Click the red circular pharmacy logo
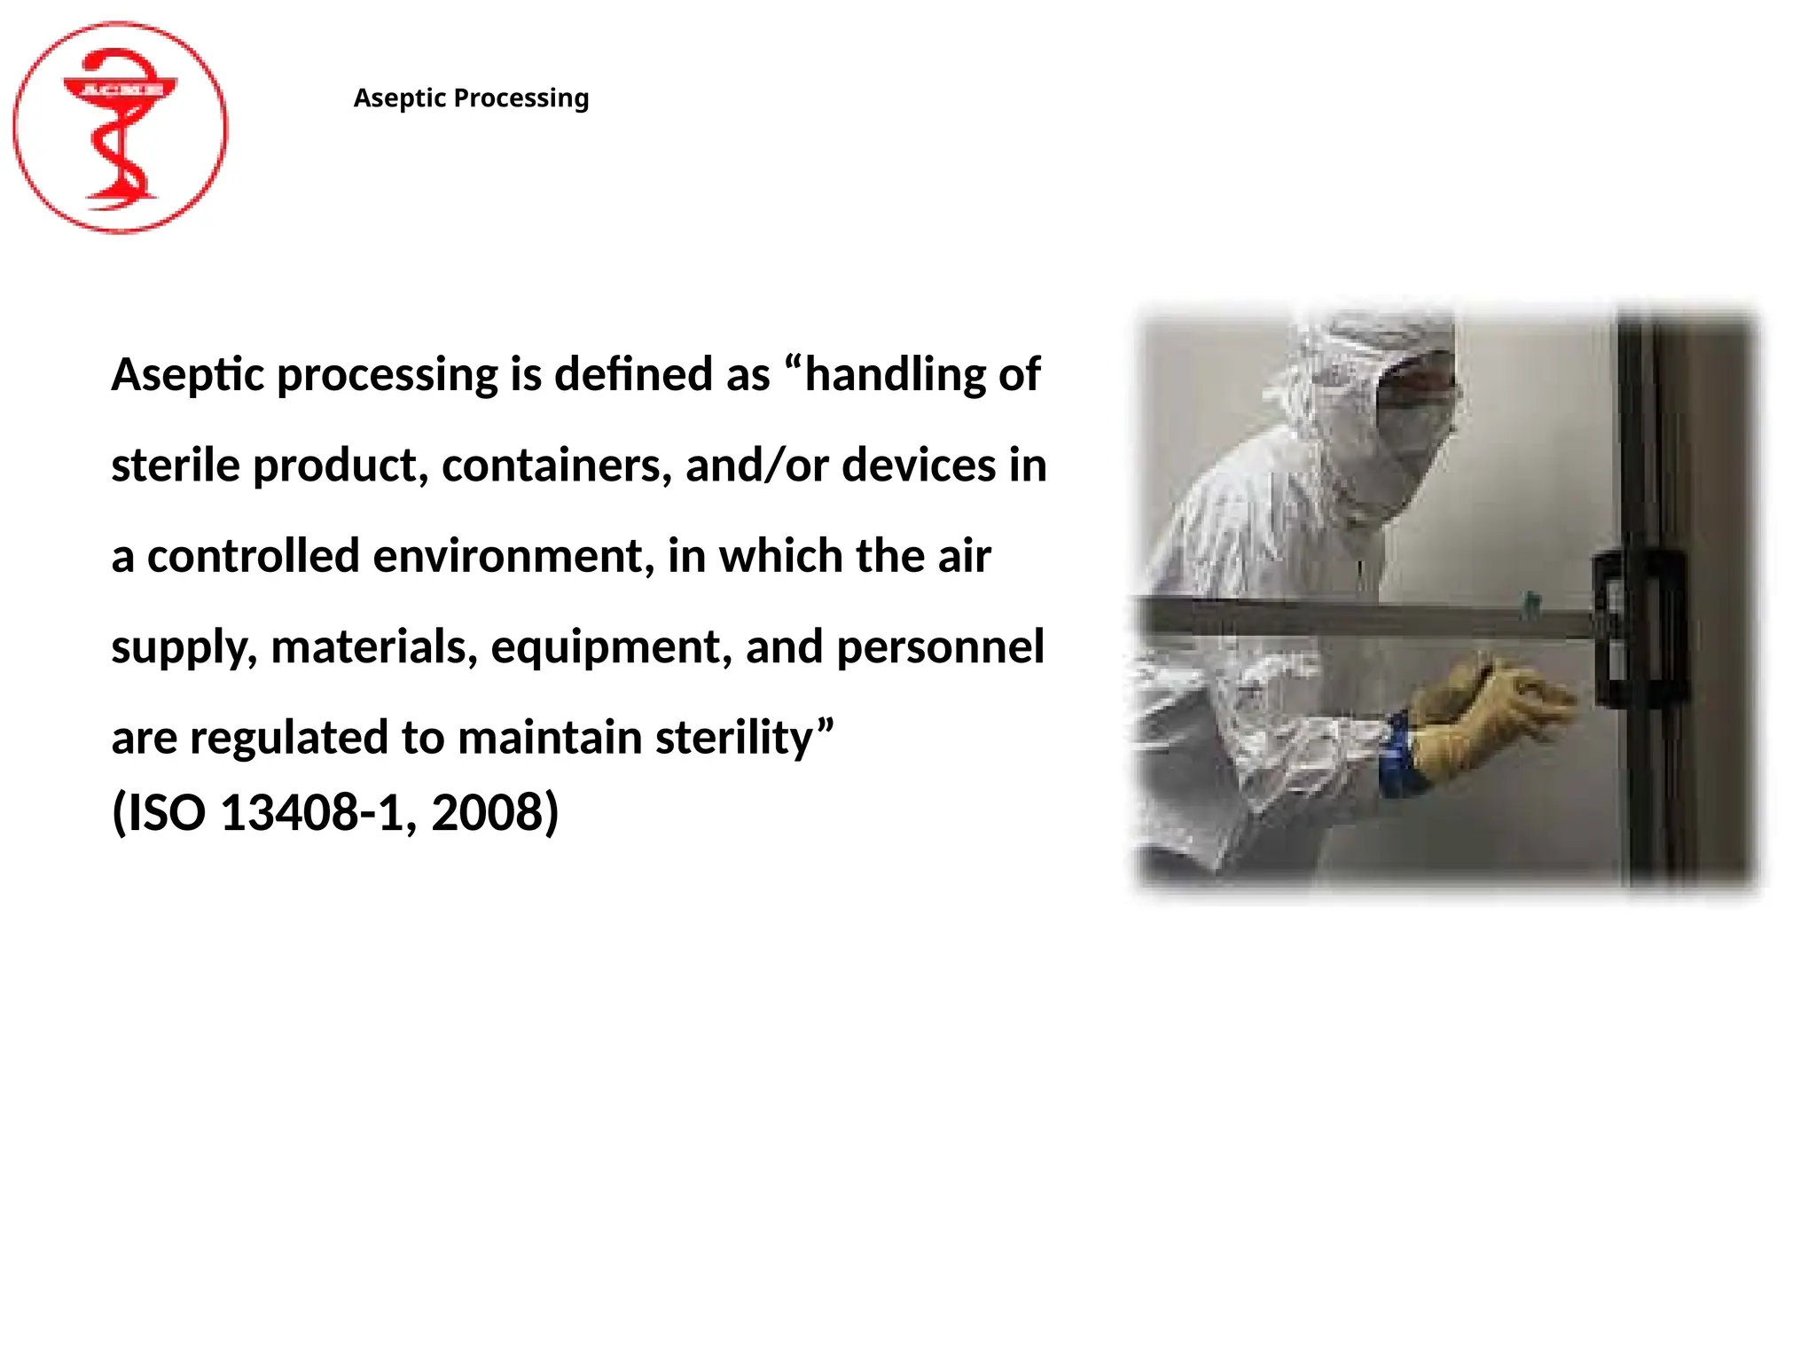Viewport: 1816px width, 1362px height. click(120, 128)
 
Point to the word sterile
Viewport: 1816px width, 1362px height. click(176, 466)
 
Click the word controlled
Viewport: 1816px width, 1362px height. click(253, 557)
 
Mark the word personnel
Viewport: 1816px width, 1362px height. click(940, 647)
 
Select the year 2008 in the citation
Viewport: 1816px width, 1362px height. click(487, 812)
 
